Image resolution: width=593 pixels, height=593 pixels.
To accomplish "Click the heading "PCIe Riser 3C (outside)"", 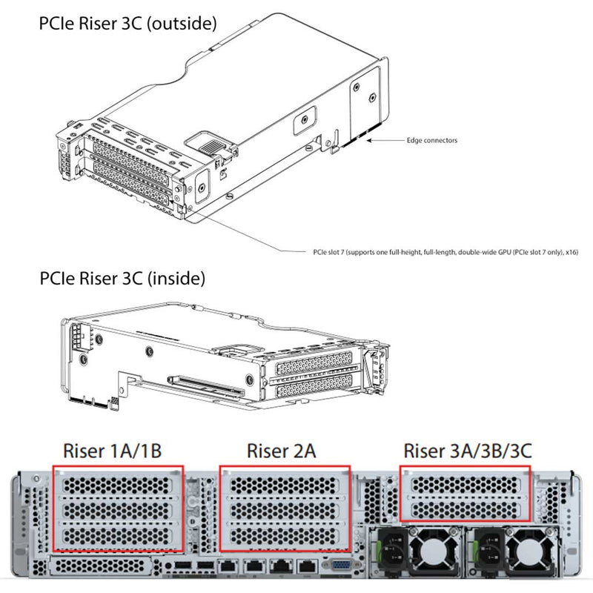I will click(127, 24).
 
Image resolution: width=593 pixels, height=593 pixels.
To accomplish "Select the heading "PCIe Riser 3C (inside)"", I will click(122, 279).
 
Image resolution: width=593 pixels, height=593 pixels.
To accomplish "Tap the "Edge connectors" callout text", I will click(432, 140).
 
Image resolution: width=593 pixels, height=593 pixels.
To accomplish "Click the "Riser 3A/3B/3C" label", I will click(466, 451).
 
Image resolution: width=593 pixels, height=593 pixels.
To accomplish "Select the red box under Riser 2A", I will click(285, 508).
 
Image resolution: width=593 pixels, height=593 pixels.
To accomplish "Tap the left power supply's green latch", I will click(383, 551).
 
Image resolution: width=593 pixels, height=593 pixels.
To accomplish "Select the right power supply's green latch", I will click(480, 551).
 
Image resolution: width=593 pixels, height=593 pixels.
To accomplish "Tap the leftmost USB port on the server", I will click(182, 569).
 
